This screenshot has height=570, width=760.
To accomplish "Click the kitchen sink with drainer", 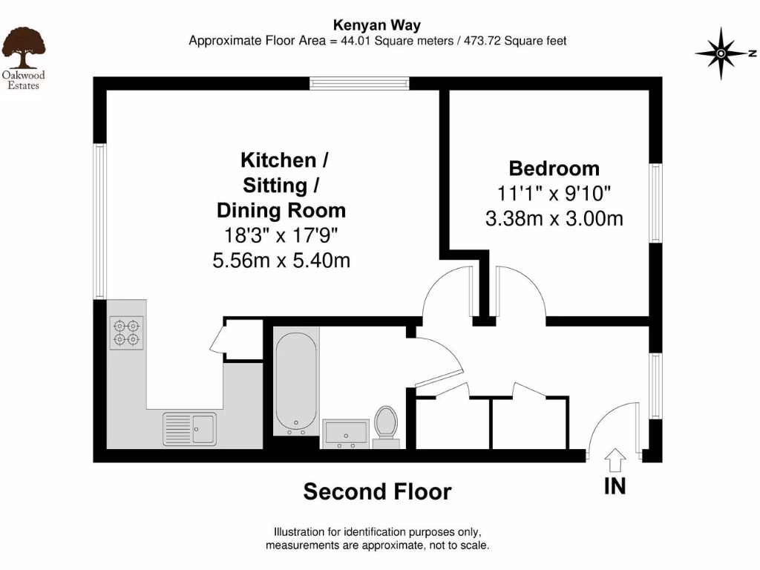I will [190, 427].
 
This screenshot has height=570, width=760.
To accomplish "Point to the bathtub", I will [296, 383].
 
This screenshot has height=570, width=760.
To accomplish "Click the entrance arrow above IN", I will [615, 460].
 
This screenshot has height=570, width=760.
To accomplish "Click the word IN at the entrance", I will [615, 487].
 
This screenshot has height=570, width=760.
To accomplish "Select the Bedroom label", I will [554, 168].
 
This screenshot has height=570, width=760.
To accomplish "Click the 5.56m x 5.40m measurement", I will [281, 261].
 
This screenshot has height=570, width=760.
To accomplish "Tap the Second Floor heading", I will [377, 491].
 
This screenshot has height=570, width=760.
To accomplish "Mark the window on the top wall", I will [359, 83].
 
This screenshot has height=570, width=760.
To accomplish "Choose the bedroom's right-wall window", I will [656, 203].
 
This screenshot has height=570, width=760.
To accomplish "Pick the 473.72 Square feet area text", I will [513, 41].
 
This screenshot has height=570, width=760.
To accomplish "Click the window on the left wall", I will [99, 221].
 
